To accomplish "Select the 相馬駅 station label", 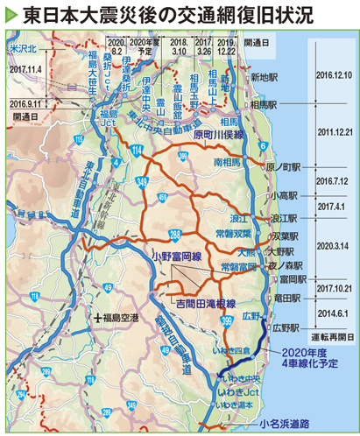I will (x=263, y=103).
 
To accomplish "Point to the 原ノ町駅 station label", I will (x=284, y=165).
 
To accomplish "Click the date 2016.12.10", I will (x=331, y=75).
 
